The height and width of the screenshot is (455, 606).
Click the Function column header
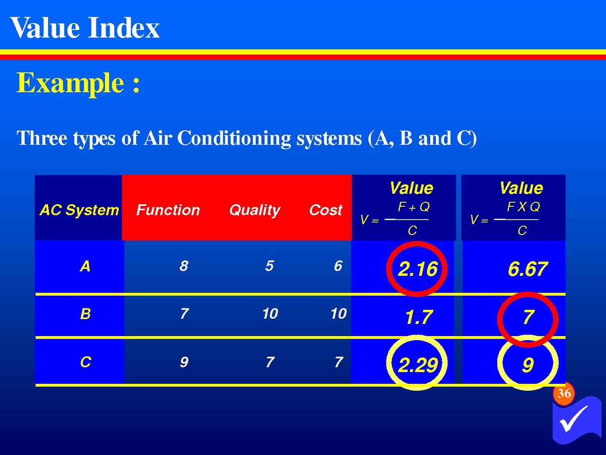point(168,210)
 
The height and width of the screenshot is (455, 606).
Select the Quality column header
point(255,210)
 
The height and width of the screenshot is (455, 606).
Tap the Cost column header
point(326,210)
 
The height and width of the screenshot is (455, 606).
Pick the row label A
point(85,266)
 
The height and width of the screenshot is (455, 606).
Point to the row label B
point(85,314)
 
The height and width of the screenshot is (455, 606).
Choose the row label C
point(85,361)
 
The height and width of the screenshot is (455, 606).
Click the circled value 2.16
point(418,269)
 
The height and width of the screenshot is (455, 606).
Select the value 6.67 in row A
point(527,269)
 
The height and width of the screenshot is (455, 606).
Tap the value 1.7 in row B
point(419,317)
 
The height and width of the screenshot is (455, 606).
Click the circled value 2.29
point(418,365)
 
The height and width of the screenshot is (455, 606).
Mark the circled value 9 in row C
point(528,365)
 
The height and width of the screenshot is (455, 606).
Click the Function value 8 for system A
point(184,266)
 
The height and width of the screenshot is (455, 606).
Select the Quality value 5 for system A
point(270,266)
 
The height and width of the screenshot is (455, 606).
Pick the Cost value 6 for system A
point(338,266)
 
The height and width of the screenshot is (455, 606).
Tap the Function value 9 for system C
point(184,362)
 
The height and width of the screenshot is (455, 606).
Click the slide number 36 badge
point(564,393)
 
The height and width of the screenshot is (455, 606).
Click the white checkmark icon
point(574,418)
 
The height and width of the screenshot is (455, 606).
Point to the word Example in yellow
point(70,83)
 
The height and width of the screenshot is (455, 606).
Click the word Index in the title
point(124,28)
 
